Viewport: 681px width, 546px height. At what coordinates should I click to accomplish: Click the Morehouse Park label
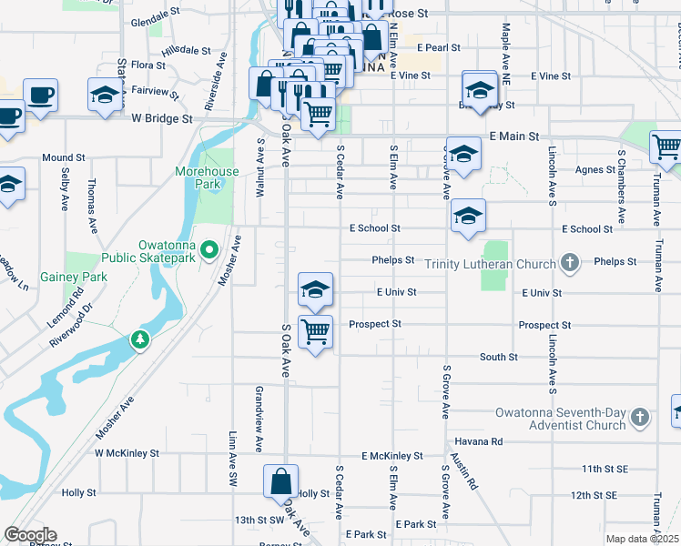tap(208, 177)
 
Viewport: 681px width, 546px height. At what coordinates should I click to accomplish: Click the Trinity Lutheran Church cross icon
tap(570, 264)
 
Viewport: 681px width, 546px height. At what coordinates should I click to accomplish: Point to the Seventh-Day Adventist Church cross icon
tap(640, 418)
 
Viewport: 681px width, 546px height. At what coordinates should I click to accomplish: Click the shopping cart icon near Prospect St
tap(315, 331)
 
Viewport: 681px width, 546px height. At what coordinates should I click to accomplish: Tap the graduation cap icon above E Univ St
tap(315, 289)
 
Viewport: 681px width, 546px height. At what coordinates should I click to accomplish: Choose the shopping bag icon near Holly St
tap(281, 480)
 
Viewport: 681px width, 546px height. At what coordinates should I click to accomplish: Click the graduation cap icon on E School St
tap(468, 216)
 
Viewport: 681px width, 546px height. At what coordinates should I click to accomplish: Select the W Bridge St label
tap(162, 118)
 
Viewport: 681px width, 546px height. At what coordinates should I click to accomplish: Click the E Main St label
tap(514, 136)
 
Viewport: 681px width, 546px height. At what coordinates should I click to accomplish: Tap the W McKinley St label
tap(127, 452)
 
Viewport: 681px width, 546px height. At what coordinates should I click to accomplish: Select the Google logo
tap(30, 535)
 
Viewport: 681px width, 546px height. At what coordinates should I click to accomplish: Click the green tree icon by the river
tap(139, 340)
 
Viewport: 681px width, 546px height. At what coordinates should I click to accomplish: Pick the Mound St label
tap(64, 157)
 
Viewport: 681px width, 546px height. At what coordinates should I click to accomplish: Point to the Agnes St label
tap(596, 169)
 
